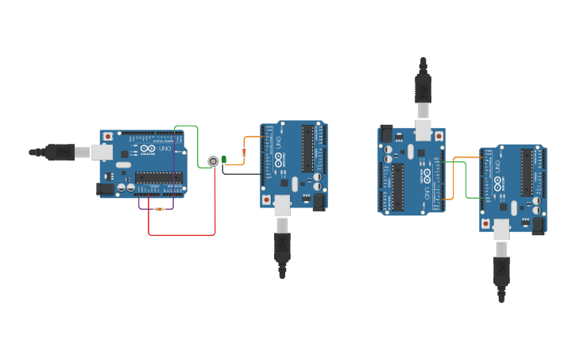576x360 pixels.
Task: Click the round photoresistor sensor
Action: tap(213, 161)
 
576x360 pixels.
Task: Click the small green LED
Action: tap(224, 160)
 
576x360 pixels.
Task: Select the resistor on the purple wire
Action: tap(160, 209)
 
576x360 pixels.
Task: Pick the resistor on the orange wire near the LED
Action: tap(244, 151)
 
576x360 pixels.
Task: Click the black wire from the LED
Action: tap(238, 174)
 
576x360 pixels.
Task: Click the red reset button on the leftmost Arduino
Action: tap(107, 137)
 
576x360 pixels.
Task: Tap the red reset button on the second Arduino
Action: tap(266, 199)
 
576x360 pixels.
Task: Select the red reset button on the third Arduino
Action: tap(439, 137)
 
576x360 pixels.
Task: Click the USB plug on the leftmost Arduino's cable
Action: tap(60, 152)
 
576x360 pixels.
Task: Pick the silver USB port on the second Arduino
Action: tap(283, 207)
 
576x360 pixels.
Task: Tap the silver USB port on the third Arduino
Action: tap(423, 130)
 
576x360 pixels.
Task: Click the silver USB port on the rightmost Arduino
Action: tap(501, 230)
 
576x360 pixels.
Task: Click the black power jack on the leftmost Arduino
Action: tap(104, 189)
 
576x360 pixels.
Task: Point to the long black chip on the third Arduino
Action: tap(397, 187)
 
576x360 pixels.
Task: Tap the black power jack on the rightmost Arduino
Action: tap(538, 225)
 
